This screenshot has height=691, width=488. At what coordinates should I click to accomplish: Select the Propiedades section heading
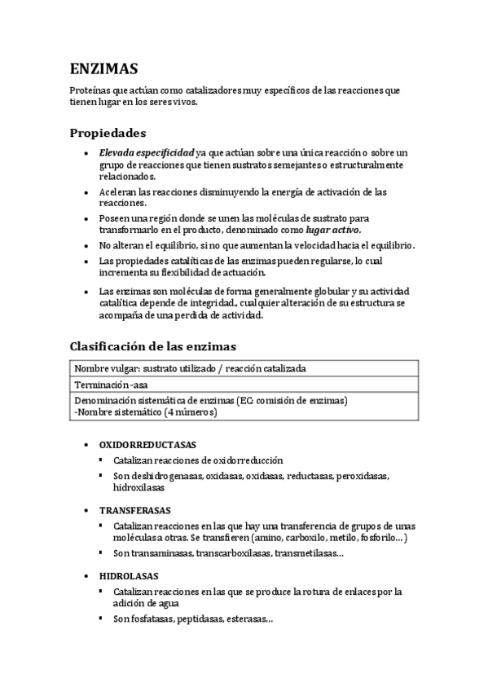pos(108,132)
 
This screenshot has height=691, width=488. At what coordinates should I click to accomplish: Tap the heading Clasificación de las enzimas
pos(152,345)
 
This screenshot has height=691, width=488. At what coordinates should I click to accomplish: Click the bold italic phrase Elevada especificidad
pos(146,152)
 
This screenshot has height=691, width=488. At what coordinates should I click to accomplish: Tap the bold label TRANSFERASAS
pos(134,510)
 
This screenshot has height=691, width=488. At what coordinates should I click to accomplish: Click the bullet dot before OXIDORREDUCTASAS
pos(87,447)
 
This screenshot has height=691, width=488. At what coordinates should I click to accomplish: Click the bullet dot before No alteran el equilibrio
pos(87,245)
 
